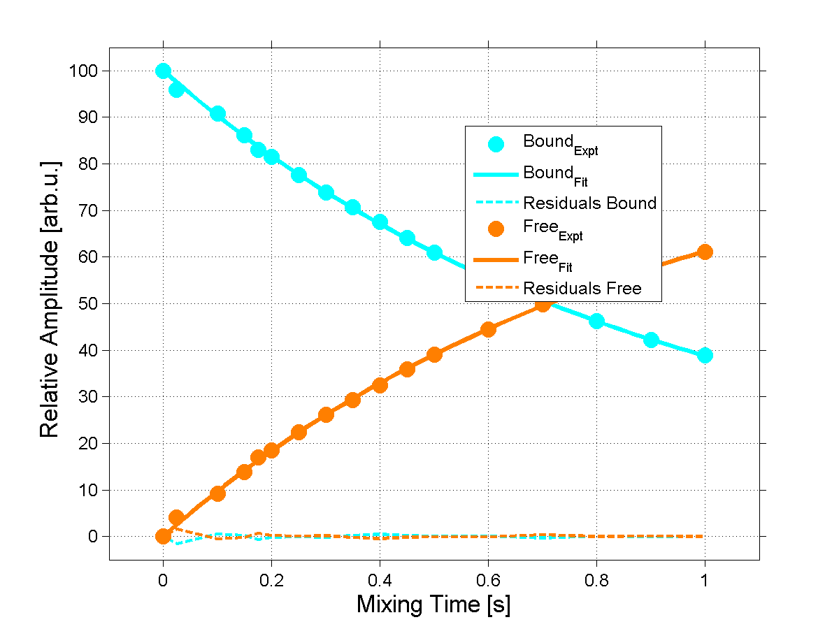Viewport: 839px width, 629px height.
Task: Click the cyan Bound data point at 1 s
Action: point(705,355)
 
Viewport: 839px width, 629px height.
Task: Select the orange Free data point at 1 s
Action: point(705,252)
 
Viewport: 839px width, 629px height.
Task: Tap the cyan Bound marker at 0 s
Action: point(163,71)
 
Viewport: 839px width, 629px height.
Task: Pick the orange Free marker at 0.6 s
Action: point(488,329)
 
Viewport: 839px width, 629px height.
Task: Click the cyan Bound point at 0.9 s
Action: point(651,340)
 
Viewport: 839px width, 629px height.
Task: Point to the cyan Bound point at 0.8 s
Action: point(596,321)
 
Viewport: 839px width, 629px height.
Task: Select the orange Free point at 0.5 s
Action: point(434,354)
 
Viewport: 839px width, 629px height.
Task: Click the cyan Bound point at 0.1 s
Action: point(217,114)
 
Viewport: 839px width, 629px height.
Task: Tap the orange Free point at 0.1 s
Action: point(217,493)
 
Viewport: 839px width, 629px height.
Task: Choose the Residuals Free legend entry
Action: point(582,288)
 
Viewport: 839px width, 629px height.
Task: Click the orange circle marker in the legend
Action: point(496,229)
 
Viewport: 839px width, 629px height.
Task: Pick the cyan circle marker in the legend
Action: point(496,144)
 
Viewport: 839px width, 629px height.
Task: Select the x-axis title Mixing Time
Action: point(433,605)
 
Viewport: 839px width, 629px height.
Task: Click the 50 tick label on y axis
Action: point(89,304)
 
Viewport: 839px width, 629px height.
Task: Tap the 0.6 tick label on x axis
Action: point(488,579)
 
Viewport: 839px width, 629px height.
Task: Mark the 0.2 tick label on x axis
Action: point(271,579)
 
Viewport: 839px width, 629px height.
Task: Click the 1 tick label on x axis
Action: point(705,579)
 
